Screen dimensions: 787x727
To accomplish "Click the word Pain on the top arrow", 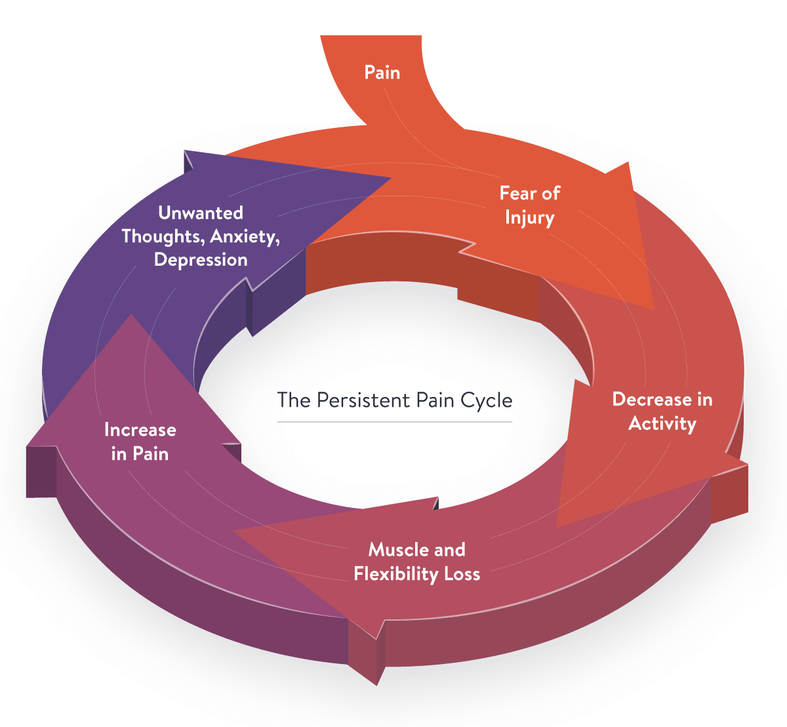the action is pos(382,73).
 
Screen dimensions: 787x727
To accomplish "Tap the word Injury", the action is pos(529,218).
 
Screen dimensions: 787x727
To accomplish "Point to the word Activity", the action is pos(662,424).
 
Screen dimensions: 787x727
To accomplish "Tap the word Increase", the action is pos(140,430).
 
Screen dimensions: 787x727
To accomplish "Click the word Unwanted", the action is pos(201,213).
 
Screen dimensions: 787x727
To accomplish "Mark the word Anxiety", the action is pos(245,237).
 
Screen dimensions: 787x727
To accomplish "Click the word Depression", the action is pos(201,260).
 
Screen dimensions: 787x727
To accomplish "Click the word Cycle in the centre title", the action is pos(486,401).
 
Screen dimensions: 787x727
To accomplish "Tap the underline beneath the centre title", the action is pos(395,422).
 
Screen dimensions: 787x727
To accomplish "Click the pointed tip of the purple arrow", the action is pos(391,178).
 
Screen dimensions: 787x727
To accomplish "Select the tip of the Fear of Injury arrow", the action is pos(653,309).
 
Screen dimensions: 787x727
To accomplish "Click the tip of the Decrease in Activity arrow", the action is pos(557,528).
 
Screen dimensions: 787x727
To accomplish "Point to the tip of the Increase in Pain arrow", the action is pos(131,314).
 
